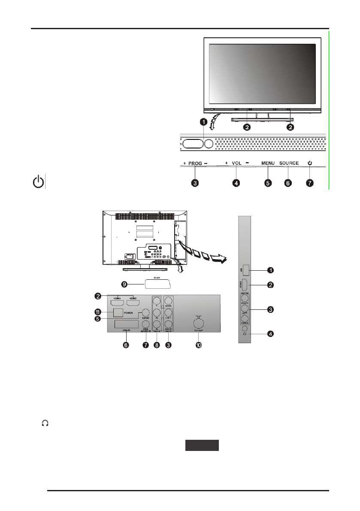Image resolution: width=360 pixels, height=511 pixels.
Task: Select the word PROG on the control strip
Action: click(195, 163)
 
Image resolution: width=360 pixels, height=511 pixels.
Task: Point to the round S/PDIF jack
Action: click(146, 313)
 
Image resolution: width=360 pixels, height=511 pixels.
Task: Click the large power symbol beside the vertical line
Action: click(39, 182)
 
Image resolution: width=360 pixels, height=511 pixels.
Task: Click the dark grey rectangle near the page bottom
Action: click(202, 445)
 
